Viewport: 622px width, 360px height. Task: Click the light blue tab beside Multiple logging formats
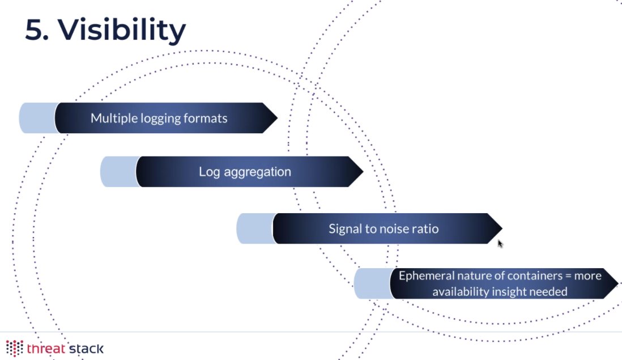click(37, 118)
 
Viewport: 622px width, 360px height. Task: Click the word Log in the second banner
click(208, 172)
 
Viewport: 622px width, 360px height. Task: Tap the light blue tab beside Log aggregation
click(118, 172)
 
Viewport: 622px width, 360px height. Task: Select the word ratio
click(425, 229)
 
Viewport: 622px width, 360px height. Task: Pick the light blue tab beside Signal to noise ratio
click(255, 229)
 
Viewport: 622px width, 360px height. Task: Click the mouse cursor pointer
click(500, 243)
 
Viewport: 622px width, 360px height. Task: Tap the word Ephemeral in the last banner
click(427, 276)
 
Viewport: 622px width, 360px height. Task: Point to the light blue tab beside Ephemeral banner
click(372, 283)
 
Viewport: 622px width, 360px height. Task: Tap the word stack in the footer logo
click(86, 348)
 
